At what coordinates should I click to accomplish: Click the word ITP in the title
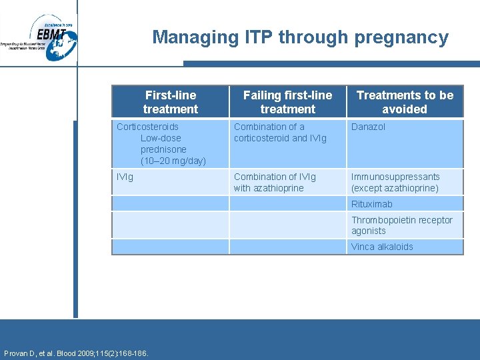(259, 37)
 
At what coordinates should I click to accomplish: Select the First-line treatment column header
(170, 102)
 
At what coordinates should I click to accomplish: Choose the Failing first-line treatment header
(287, 102)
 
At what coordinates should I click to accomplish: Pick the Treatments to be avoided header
(405, 102)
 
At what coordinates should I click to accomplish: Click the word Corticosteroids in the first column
(147, 127)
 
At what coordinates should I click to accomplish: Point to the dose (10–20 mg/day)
(173, 161)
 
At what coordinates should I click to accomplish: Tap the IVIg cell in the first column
(125, 177)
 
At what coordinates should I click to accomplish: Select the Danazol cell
(368, 127)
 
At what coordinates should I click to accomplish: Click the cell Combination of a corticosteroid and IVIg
(279, 132)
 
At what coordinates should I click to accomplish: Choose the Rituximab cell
(372, 204)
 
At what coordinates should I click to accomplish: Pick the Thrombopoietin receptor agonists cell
(401, 225)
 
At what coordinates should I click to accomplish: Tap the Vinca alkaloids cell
(382, 247)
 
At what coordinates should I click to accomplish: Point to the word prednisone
(163, 149)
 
